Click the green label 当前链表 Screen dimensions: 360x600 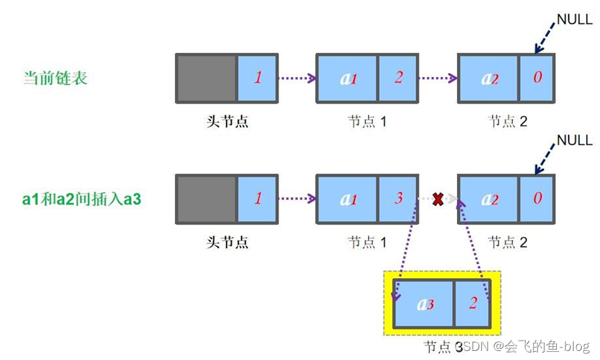coord(55,78)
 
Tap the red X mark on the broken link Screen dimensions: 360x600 coord(438,199)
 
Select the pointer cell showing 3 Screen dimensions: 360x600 coord(398,199)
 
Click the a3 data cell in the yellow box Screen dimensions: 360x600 coord(424,303)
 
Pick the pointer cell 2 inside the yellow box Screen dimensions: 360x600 coord(472,303)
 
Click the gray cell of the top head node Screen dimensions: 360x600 coord(206,78)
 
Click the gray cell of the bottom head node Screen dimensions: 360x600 coord(206,199)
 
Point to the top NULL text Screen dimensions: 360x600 coord(574,19)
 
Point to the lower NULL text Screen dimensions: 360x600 coord(574,140)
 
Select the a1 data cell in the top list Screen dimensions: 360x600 coord(348,78)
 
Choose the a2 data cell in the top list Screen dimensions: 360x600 coord(490,78)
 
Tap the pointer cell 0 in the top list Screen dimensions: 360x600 coord(537,78)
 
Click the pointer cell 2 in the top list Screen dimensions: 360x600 coord(398,78)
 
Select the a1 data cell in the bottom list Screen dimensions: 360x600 coord(348,199)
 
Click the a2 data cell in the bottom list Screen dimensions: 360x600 coord(490,199)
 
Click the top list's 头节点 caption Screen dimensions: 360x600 coord(227,122)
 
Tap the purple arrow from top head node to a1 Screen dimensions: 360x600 coord(297,78)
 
